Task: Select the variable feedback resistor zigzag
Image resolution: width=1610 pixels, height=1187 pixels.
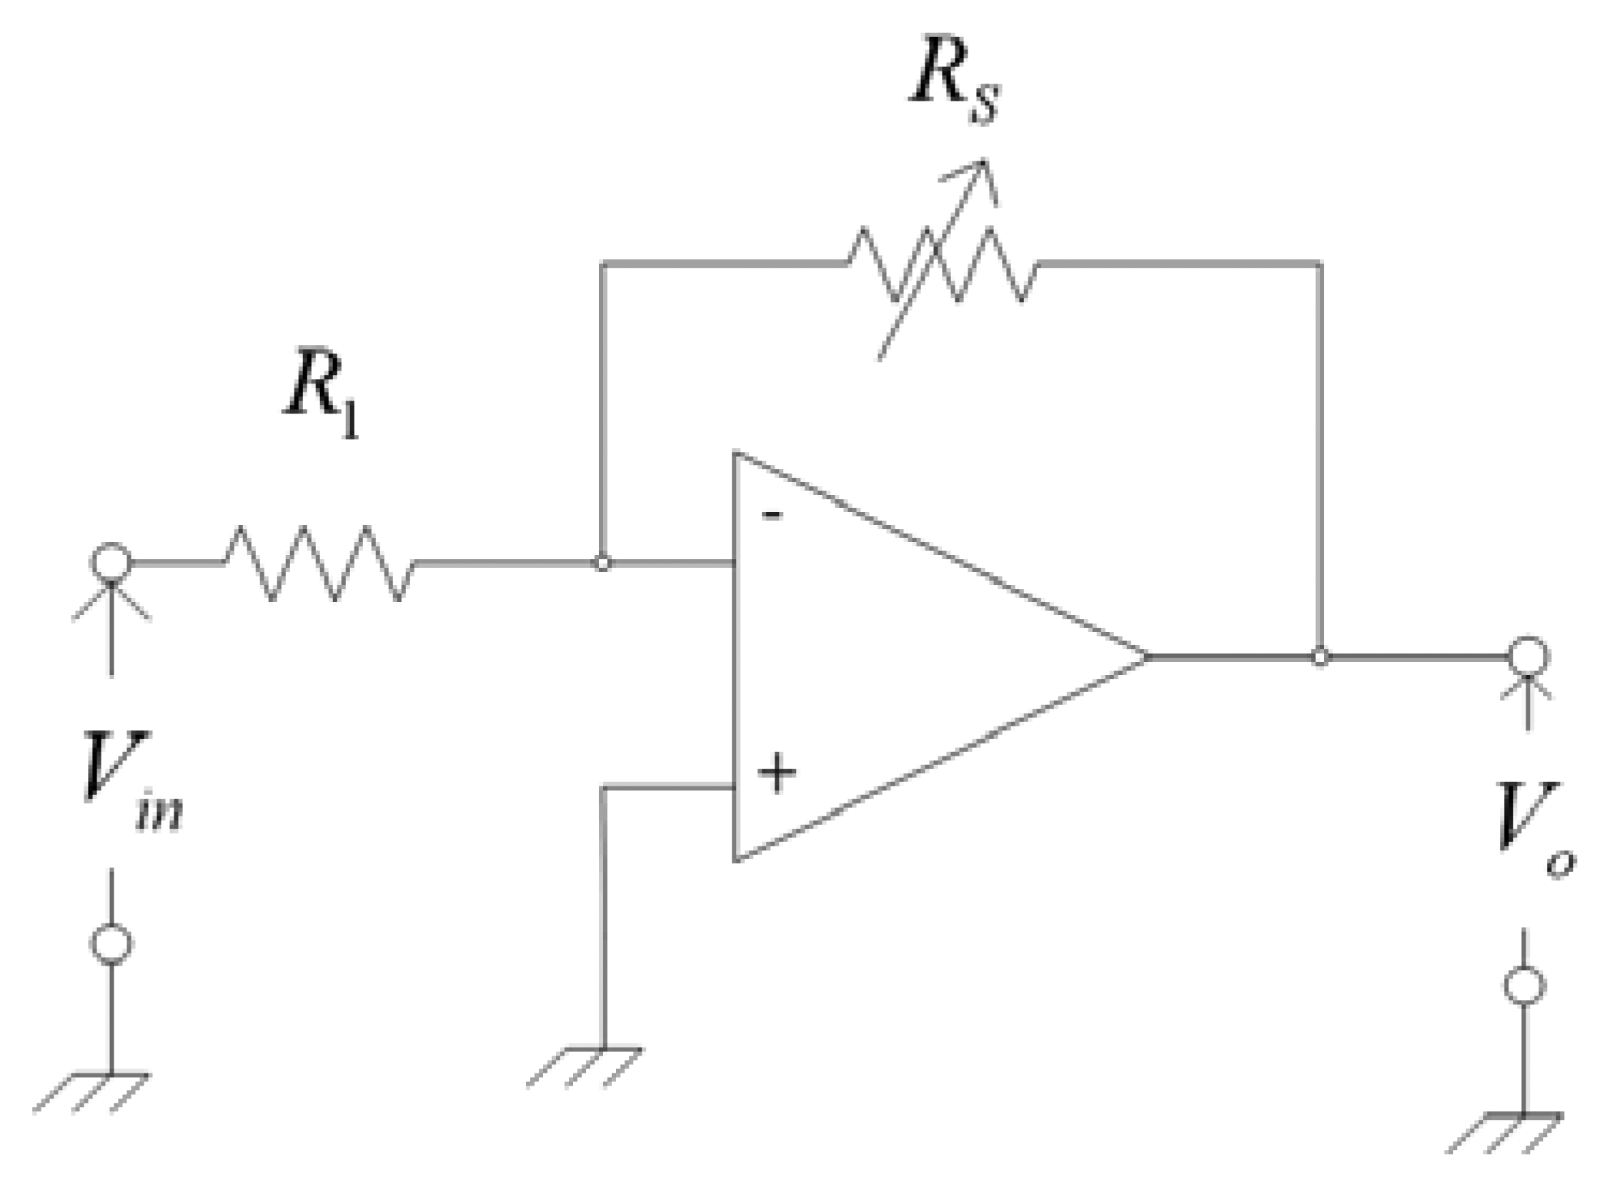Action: point(942,264)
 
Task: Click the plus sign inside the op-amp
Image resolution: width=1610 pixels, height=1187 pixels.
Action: point(777,773)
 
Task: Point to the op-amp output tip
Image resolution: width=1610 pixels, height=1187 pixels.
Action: point(1145,657)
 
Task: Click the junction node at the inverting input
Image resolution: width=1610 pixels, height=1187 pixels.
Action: point(602,564)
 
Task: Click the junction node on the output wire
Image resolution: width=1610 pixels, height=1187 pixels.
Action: point(1320,657)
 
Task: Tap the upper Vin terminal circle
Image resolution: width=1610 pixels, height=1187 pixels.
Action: point(111,563)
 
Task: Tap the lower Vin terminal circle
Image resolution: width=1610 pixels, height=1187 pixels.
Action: point(111,943)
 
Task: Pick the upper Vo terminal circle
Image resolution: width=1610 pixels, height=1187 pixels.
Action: point(1528,656)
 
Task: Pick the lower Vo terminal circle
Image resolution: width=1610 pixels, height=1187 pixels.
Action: point(1524,984)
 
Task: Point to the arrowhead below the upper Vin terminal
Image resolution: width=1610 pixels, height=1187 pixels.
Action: point(111,596)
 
